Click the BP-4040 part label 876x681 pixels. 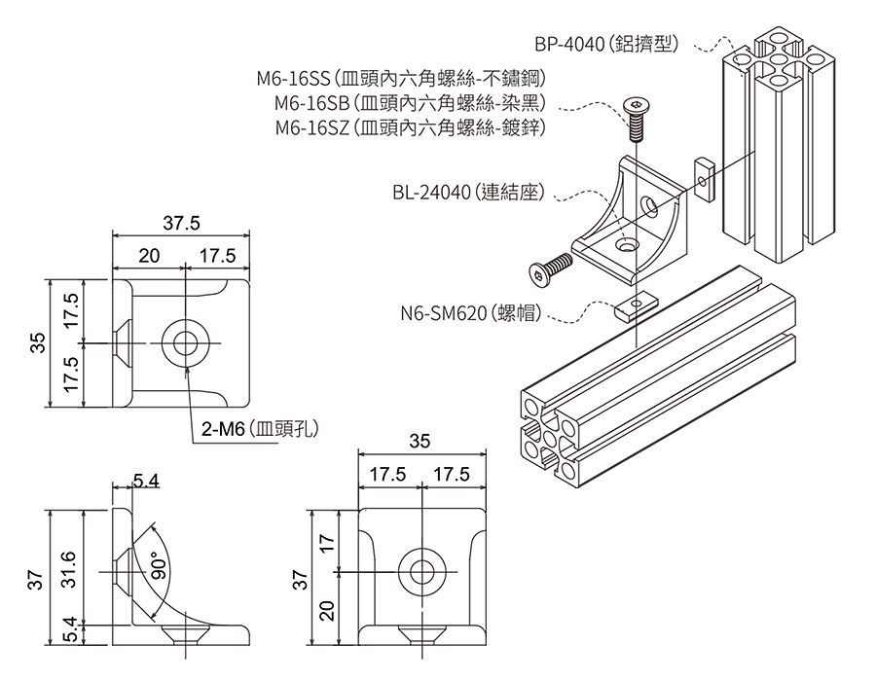click(x=612, y=44)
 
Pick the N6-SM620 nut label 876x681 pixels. click(x=470, y=313)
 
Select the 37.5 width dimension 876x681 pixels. click(x=181, y=224)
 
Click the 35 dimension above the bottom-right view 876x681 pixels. click(x=420, y=441)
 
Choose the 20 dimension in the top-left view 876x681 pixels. click(x=148, y=256)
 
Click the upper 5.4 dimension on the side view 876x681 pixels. click(x=147, y=481)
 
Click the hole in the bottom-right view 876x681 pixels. click(x=420, y=571)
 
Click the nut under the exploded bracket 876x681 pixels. click(x=633, y=307)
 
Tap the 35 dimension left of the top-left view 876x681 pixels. click(x=37, y=343)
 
